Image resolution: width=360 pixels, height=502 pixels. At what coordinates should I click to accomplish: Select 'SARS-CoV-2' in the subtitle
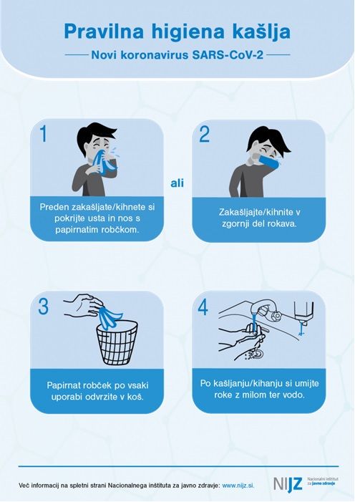pyautogui.click(x=228, y=55)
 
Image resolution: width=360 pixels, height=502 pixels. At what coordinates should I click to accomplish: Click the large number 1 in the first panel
pyautogui.click(x=44, y=134)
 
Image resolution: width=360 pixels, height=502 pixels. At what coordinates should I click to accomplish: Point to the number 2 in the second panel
pyautogui.click(x=204, y=135)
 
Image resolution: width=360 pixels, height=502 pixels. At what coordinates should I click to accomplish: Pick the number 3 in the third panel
pyautogui.click(x=44, y=306)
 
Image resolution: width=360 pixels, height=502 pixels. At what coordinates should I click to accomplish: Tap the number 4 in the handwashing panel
pyautogui.click(x=203, y=307)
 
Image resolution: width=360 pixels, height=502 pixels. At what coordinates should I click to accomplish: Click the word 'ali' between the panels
pyautogui.click(x=177, y=183)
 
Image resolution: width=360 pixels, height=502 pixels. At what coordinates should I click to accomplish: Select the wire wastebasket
pyautogui.click(x=117, y=342)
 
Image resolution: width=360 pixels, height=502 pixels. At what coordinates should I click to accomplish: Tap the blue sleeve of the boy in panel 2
pyautogui.click(x=269, y=161)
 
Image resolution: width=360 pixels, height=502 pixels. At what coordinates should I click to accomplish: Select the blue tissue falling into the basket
pyautogui.click(x=110, y=317)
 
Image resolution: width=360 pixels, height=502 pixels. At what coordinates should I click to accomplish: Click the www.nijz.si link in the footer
pyautogui.click(x=238, y=486)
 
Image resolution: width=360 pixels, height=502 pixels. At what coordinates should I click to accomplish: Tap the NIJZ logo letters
pyautogui.click(x=288, y=484)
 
